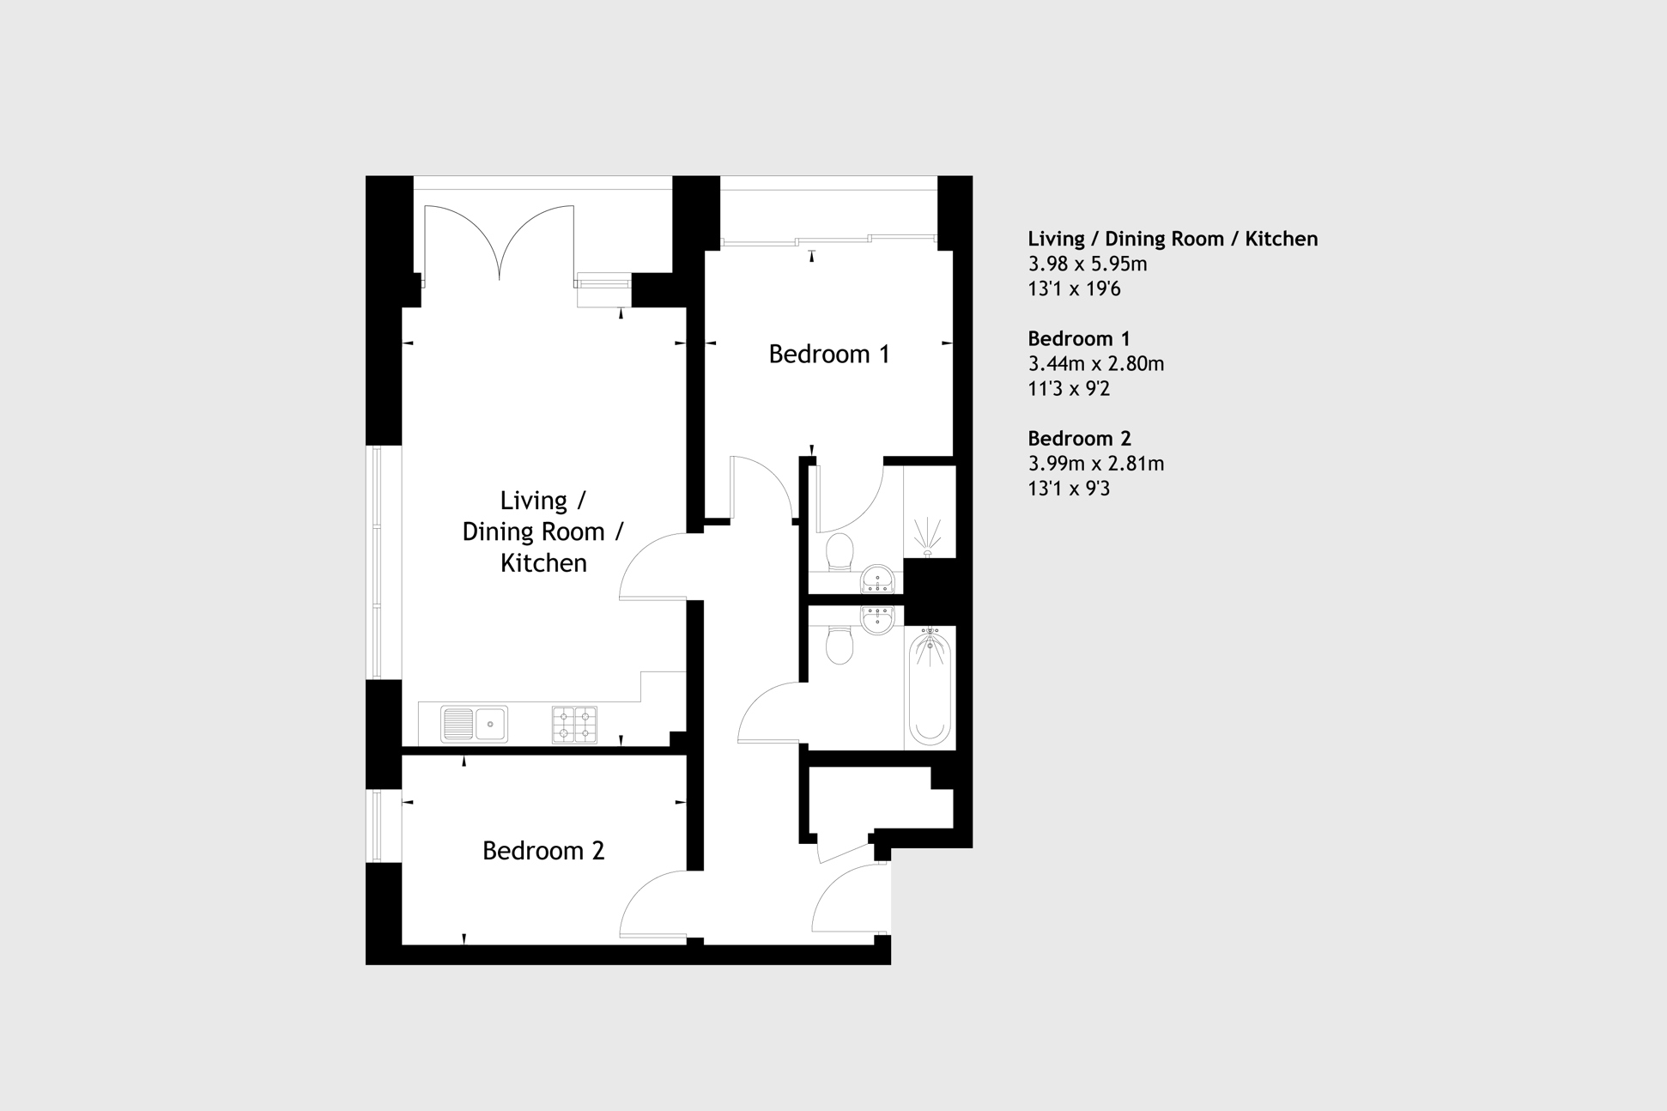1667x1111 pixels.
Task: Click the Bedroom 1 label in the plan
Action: tap(828, 354)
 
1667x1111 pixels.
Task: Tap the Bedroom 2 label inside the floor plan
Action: tap(543, 850)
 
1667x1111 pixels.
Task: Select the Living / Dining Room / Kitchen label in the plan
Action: tap(543, 531)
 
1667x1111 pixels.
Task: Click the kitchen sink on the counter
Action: tap(474, 724)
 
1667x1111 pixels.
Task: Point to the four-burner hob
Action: tap(574, 724)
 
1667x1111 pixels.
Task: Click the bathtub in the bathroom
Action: tap(930, 687)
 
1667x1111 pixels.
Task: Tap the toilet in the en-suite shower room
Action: tap(840, 552)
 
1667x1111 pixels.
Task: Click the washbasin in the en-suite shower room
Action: tap(877, 580)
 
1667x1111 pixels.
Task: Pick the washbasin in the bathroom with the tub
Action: tap(877, 619)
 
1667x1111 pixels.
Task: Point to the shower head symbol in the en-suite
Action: tap(927, 537)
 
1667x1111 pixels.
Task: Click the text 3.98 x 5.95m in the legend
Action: tap(1088, 264)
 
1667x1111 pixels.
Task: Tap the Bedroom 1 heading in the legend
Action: tap(1078, 338)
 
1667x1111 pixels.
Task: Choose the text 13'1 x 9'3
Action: tap(1069, 489)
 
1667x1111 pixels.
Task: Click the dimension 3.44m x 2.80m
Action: tap(1095, 363)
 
